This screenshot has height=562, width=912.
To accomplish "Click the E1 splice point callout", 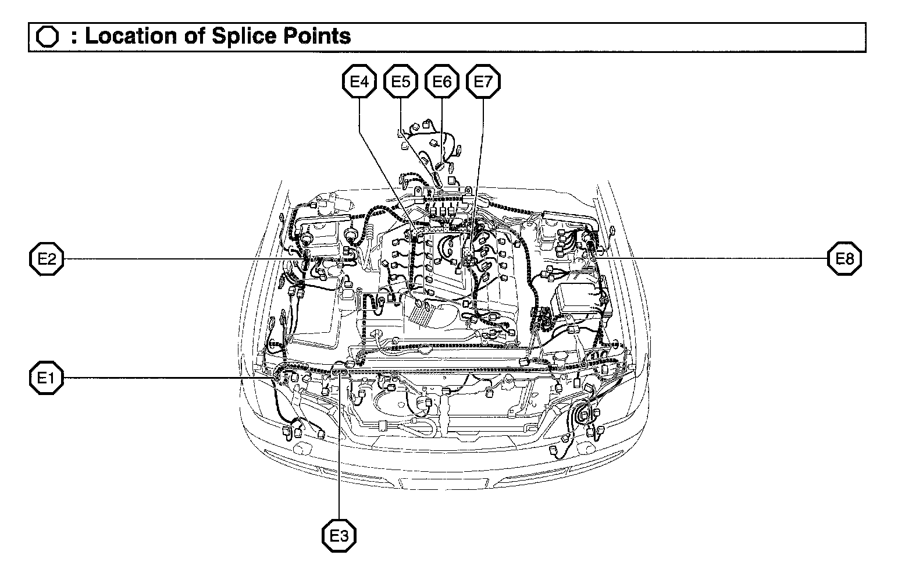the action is pos(47,378).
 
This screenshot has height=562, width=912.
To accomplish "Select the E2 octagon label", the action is pos(47,258).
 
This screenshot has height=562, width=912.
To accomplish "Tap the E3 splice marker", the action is pos(339,535).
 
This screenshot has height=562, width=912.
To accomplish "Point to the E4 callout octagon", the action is pos(359,81).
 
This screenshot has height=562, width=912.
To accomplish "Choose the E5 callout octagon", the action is pos(401,81).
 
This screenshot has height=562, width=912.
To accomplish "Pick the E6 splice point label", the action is pos(442,81).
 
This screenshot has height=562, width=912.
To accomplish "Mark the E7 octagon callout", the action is pos(483,81).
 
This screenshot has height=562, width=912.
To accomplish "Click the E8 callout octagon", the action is pos(845,258).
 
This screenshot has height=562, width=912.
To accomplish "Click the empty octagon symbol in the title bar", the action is pos(47,37).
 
